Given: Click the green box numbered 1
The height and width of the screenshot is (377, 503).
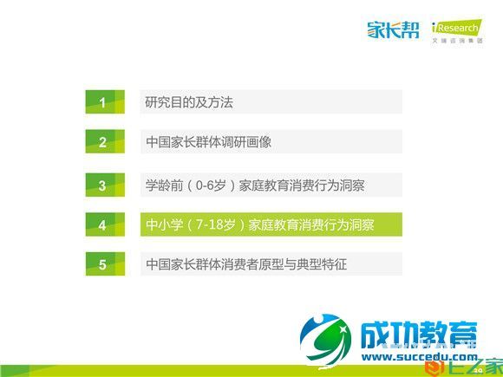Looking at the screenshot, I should click(102, 102).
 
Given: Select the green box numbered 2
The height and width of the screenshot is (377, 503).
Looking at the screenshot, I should click(102, 143).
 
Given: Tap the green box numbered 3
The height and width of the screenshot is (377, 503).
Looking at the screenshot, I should click(102, 185).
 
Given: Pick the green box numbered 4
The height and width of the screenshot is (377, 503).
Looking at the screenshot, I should click(102, 225).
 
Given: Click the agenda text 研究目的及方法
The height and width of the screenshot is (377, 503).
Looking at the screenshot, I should click(189, 102).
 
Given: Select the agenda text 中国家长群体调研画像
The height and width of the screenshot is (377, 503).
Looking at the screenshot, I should click(208, 143).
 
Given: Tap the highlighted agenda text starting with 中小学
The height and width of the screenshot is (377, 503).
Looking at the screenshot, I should click(260, 225).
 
